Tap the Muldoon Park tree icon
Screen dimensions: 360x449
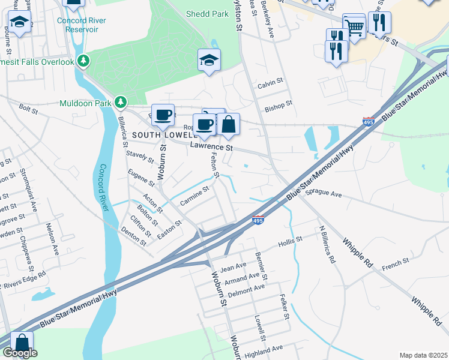point(121,103)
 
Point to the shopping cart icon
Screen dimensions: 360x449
point(354,26)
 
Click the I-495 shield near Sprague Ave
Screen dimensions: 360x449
point(258,220)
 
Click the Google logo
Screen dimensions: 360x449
point(20,353)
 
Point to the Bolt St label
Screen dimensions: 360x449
point(28,108)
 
